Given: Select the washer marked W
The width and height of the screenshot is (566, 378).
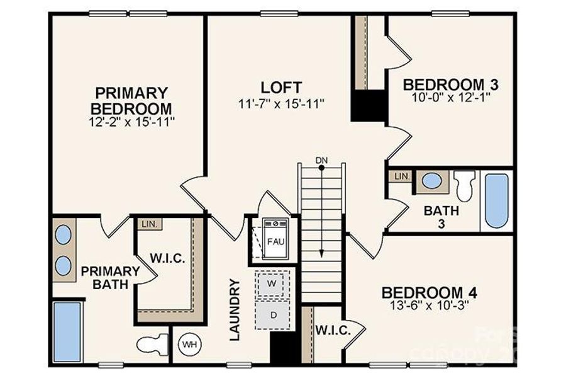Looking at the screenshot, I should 273,283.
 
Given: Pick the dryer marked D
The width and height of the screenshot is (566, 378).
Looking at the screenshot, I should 273,314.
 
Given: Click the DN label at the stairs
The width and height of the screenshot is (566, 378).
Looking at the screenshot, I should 321,160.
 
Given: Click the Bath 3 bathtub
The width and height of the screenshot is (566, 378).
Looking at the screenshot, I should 496,200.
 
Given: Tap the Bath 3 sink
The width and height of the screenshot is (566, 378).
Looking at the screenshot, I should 431,181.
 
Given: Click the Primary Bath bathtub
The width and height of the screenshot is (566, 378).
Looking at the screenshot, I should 67,331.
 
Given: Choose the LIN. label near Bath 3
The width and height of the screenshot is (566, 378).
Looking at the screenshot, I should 401,176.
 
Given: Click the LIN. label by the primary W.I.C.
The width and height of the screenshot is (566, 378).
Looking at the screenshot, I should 149,224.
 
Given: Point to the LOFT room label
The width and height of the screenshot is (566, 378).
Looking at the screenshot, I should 281,87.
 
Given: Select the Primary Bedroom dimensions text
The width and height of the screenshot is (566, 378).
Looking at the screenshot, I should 131,120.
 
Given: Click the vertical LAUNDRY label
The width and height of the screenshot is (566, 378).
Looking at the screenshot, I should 235,310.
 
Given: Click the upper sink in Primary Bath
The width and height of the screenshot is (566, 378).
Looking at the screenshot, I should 63,234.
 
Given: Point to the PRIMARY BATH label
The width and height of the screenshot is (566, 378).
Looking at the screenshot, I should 110,278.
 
